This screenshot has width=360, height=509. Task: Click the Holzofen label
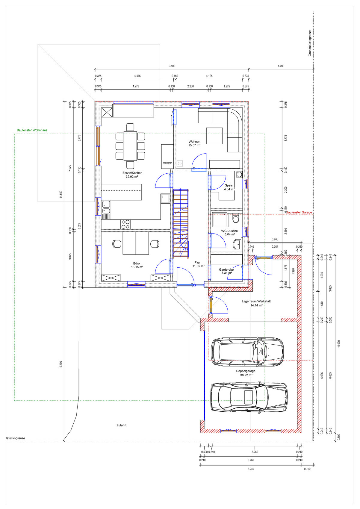tap(167, 163)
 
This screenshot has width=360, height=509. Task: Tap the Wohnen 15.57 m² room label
tap(194, 143)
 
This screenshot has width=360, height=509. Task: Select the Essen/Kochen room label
tap(132, 173)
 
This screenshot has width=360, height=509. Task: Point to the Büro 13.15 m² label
tap(137, 265)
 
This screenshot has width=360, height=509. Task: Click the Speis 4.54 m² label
tap(229, 187)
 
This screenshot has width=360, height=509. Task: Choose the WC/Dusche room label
tap(229, 231)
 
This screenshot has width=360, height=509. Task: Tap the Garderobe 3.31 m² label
tap(226, 271)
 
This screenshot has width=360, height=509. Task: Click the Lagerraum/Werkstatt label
tap(256, 301)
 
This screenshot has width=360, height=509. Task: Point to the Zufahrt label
tap(121, 425)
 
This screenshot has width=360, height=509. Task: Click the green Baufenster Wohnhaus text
tap(32, 130)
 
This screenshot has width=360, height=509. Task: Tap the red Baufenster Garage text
tap(299, 212)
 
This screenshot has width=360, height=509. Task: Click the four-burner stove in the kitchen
tap(125, 224)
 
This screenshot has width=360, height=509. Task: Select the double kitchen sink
tap(106, 207)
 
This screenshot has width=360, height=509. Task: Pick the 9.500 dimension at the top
tap(172, 66)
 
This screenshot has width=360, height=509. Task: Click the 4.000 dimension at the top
tap(281, 66)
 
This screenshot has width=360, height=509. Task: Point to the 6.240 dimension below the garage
tap(251, 469)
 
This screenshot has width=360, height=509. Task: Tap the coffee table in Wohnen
tap(214, 136)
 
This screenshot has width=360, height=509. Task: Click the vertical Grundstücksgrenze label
tap(310, 43)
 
